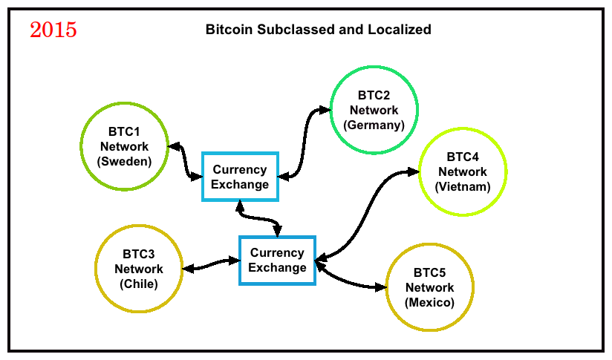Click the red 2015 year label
(x=53, y=30)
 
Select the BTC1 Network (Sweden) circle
(x=81, y=147)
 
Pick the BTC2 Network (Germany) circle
(x=331, y=110)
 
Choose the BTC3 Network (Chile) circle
(x=95, y=269)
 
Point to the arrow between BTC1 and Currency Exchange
(x=185, y=163)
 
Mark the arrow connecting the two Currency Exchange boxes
(x=258, y=218)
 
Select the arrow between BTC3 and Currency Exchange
(x=211, y=264)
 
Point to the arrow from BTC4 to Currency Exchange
(x=368, y=214)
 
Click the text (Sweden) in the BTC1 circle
(x=125, y=162)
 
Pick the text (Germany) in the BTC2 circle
(x=374, y=125)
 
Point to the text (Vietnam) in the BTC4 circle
(x=463, y=186)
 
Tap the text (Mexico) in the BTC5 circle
(x=430, y=302)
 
